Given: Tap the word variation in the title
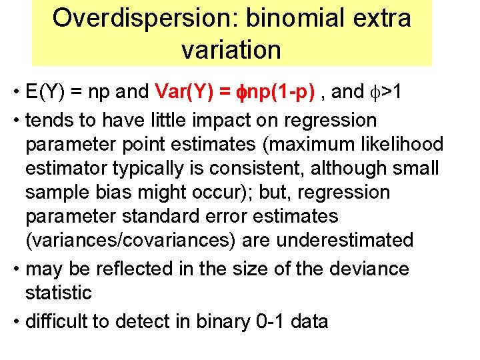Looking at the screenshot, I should click(231, 49).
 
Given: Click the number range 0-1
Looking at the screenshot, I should click(271, 322).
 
